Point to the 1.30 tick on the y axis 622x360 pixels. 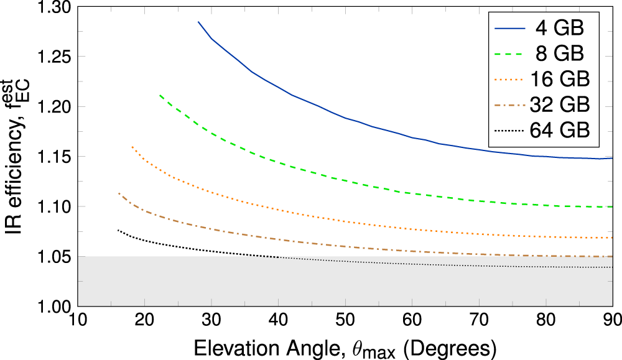(x=54, y=7)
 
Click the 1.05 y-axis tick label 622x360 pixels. (x=54, y=256)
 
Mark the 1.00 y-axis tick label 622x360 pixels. (x=54, y=306)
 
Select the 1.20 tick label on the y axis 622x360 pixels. (x=54, y=106)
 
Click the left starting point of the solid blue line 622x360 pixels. (x=198, y=22)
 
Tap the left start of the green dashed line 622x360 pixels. (x=160, y=95)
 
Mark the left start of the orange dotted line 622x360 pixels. (x=132, y=147)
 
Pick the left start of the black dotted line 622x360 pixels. (x=118, y=230)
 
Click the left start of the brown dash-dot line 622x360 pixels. (x=119, y=193)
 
